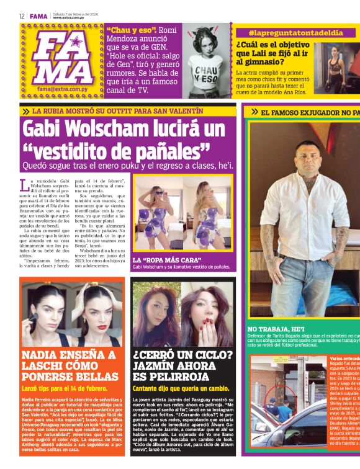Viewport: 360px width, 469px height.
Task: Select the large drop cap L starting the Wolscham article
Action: tap(25, 184)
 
